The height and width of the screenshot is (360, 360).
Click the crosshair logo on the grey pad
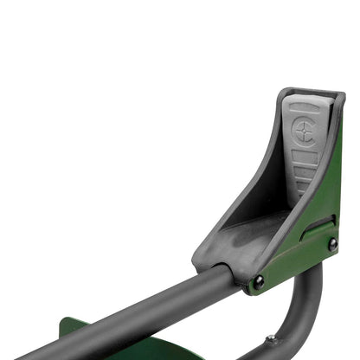click(304, 131)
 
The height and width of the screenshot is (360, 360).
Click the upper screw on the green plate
click(332, 245)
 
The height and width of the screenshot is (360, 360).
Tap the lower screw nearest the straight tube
click(258, 281)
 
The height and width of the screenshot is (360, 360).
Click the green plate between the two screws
click(299, 260)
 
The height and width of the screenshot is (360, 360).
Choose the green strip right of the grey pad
click(333, 173)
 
